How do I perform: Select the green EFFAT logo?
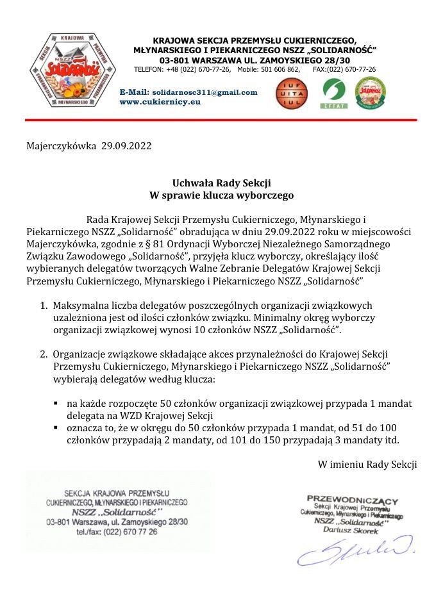[x=333, y=93]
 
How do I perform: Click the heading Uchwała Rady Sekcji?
[x=221, y=183]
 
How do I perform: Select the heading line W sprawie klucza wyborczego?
[x=221, y=193]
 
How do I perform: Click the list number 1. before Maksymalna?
[x=45, y=306]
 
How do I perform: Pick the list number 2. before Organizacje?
[x=45, y=354]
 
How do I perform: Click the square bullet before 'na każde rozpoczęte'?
[x=56, y=404]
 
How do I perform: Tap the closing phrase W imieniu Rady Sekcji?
[x=367, y=465]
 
